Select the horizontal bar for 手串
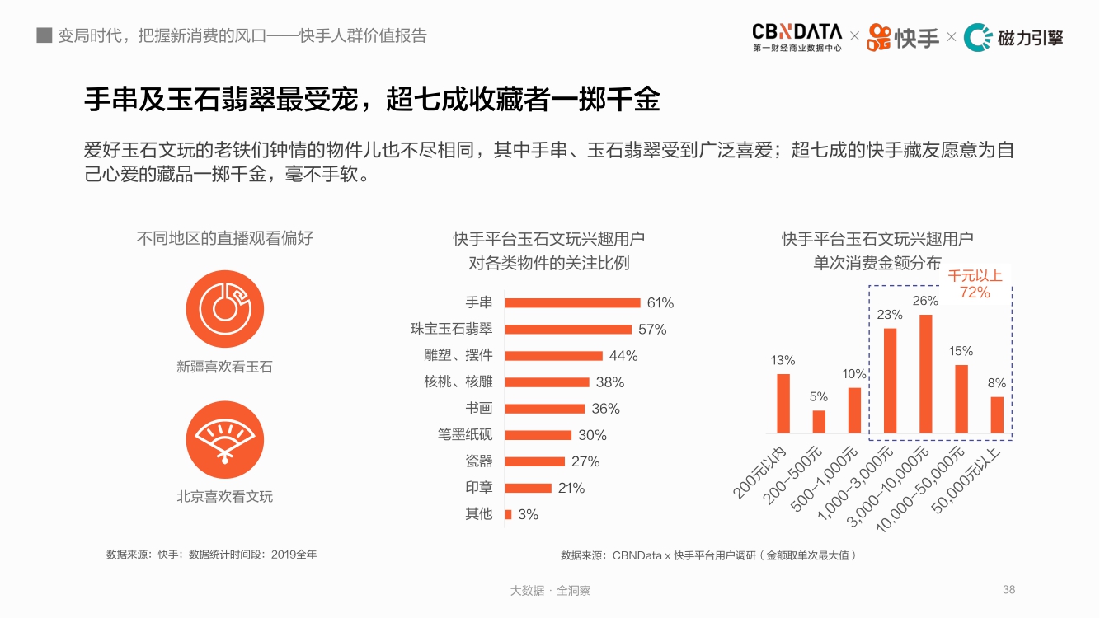click(x=572, y=302)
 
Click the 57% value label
click(x=652, y=330)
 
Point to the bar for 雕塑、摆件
click(x=553, y=356)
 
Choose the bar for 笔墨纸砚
click(x=538, y=435)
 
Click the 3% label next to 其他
click(x=528, y=514)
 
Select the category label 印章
click(x=478, y=488)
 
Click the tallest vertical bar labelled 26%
click(x=925, y=373)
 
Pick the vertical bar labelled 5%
click(x=819, y=421)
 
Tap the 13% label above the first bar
click(x=783, y=360)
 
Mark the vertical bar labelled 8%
click(x=997, y=414)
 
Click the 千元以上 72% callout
click(x=975, y=284)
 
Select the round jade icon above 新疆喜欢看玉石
click(x=224, y=308)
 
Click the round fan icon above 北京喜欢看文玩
click(x=224, y=439)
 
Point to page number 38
click(x=1008, y=590)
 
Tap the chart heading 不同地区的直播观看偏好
click(x=224, y=238)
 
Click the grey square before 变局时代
click(x=45, y=35)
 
